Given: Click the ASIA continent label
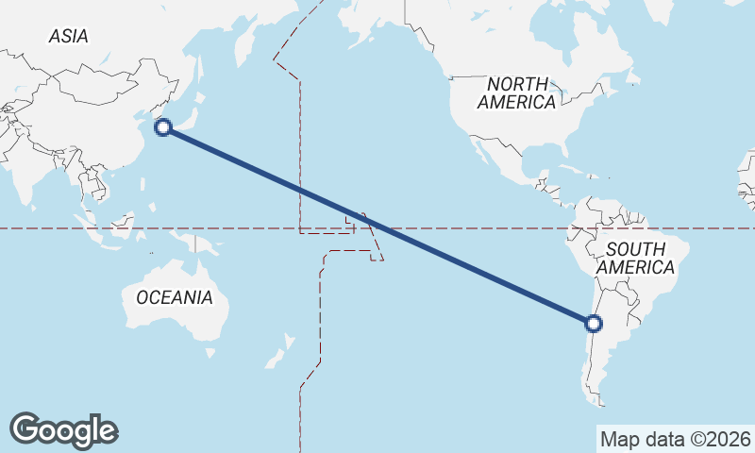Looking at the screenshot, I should [69, 36].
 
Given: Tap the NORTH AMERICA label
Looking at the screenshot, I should [516, 92].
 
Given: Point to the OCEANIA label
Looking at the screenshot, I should [175, 297].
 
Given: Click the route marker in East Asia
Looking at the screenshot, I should [163, 126].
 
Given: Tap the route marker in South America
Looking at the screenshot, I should [593, 324].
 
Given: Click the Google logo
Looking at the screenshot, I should [63, 430].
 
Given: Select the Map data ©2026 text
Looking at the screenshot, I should [675, 439].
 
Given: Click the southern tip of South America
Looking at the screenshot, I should [600, 402].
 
